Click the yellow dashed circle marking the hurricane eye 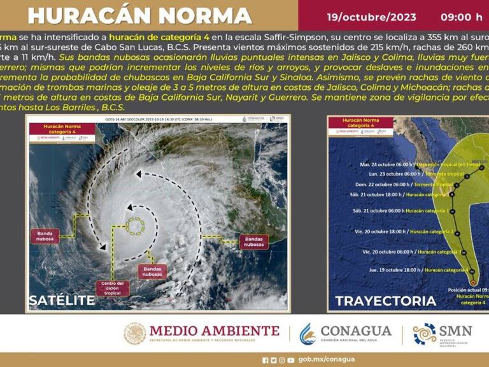(x=138, y=226)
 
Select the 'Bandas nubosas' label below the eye (x=152, y=271)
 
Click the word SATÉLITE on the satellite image (x=62, y=300)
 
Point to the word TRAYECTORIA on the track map (x=385, y=301)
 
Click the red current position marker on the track (x=472, y=282)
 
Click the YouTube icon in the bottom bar (x=290, y=359)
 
